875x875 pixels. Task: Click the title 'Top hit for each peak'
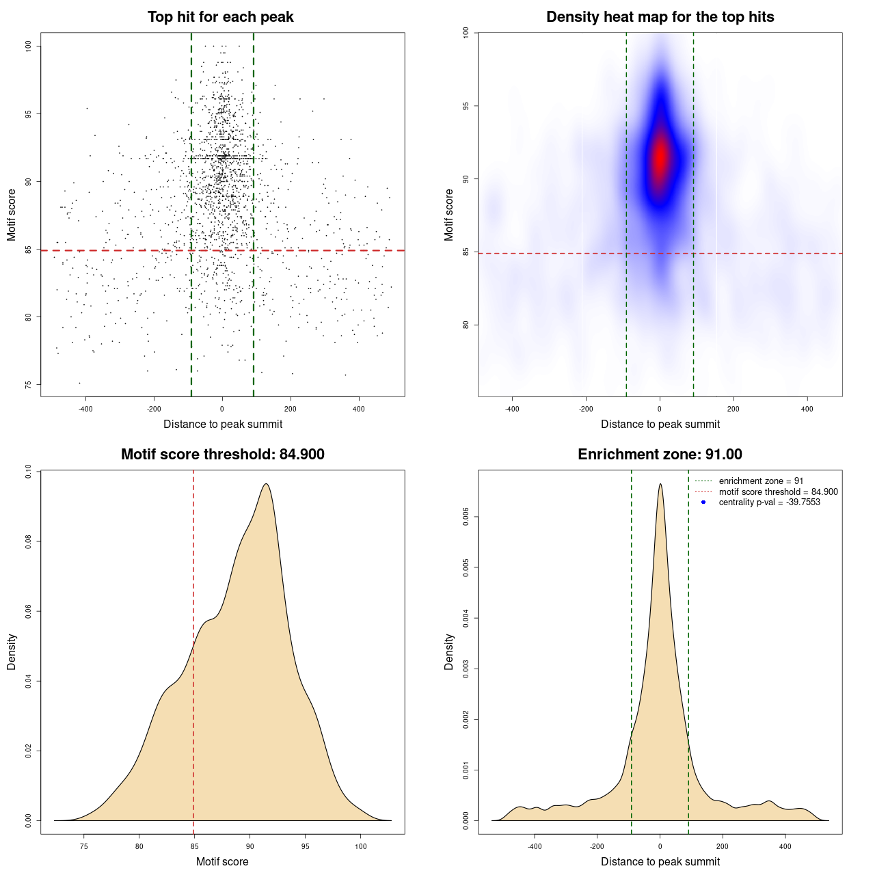pos(220,17)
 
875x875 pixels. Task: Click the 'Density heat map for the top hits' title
pos(660,17)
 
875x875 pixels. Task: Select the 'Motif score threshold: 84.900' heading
pos(222,455)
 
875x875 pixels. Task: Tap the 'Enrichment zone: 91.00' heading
pos(660,455)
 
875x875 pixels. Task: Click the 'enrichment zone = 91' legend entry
pos(761,481)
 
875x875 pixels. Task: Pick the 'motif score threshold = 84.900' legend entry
pos(778,492)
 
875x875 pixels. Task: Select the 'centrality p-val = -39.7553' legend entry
pos(769,502)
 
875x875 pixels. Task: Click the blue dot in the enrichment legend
pos(703,502)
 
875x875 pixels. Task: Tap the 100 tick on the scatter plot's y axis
pos(29,46)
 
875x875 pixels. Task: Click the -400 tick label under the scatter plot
pos(85,409)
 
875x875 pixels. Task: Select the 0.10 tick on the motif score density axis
pos(29,472)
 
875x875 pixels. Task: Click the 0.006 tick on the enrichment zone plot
pos(466,517)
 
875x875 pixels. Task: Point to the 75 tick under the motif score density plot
pos(84,846)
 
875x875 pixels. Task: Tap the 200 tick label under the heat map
pos(733,409)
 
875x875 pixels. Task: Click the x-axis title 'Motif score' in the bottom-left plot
pos(222,861)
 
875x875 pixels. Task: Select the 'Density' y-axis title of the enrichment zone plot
pos(449,651)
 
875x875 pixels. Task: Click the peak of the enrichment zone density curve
pos(660,484)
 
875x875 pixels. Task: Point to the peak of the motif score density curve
pos(266,484)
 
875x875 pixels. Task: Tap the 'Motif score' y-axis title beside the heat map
pos(449,215)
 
